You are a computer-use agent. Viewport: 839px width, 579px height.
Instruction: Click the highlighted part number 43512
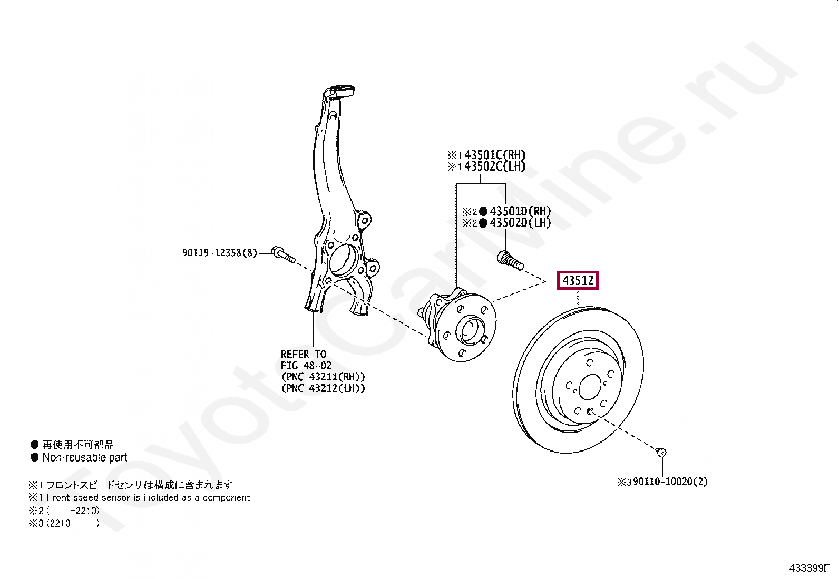tap(578, 281)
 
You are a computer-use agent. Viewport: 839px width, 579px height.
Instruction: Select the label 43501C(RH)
tap(495, 155)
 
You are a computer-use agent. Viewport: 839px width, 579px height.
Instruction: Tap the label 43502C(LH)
tap(495, 166)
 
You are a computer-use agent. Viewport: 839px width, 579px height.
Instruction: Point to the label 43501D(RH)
tap(520, 211)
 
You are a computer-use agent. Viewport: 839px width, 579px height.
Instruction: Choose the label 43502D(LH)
tap(520, 222)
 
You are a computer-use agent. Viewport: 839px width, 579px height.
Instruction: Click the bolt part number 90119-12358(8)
tap(220, 253)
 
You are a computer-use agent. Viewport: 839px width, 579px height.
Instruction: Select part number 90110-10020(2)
tap(670, 482)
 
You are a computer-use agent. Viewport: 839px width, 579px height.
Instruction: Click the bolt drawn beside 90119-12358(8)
tap(284, 254)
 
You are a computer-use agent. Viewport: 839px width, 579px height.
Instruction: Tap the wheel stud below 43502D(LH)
tap(510, 261)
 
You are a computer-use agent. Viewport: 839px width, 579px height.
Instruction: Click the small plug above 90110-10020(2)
tap(661, 452)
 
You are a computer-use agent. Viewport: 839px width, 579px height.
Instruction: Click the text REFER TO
tap(304, 354)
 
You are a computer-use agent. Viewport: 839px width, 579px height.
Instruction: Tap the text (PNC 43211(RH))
tap(323, 377)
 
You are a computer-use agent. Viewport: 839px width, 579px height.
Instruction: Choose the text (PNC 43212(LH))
tap(323, 389)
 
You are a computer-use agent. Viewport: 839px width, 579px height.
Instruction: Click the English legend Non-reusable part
tap(85, 457)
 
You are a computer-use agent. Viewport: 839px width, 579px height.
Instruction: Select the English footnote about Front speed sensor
tap(148, 497)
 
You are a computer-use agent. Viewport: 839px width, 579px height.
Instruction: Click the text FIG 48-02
tap(306, 366)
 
